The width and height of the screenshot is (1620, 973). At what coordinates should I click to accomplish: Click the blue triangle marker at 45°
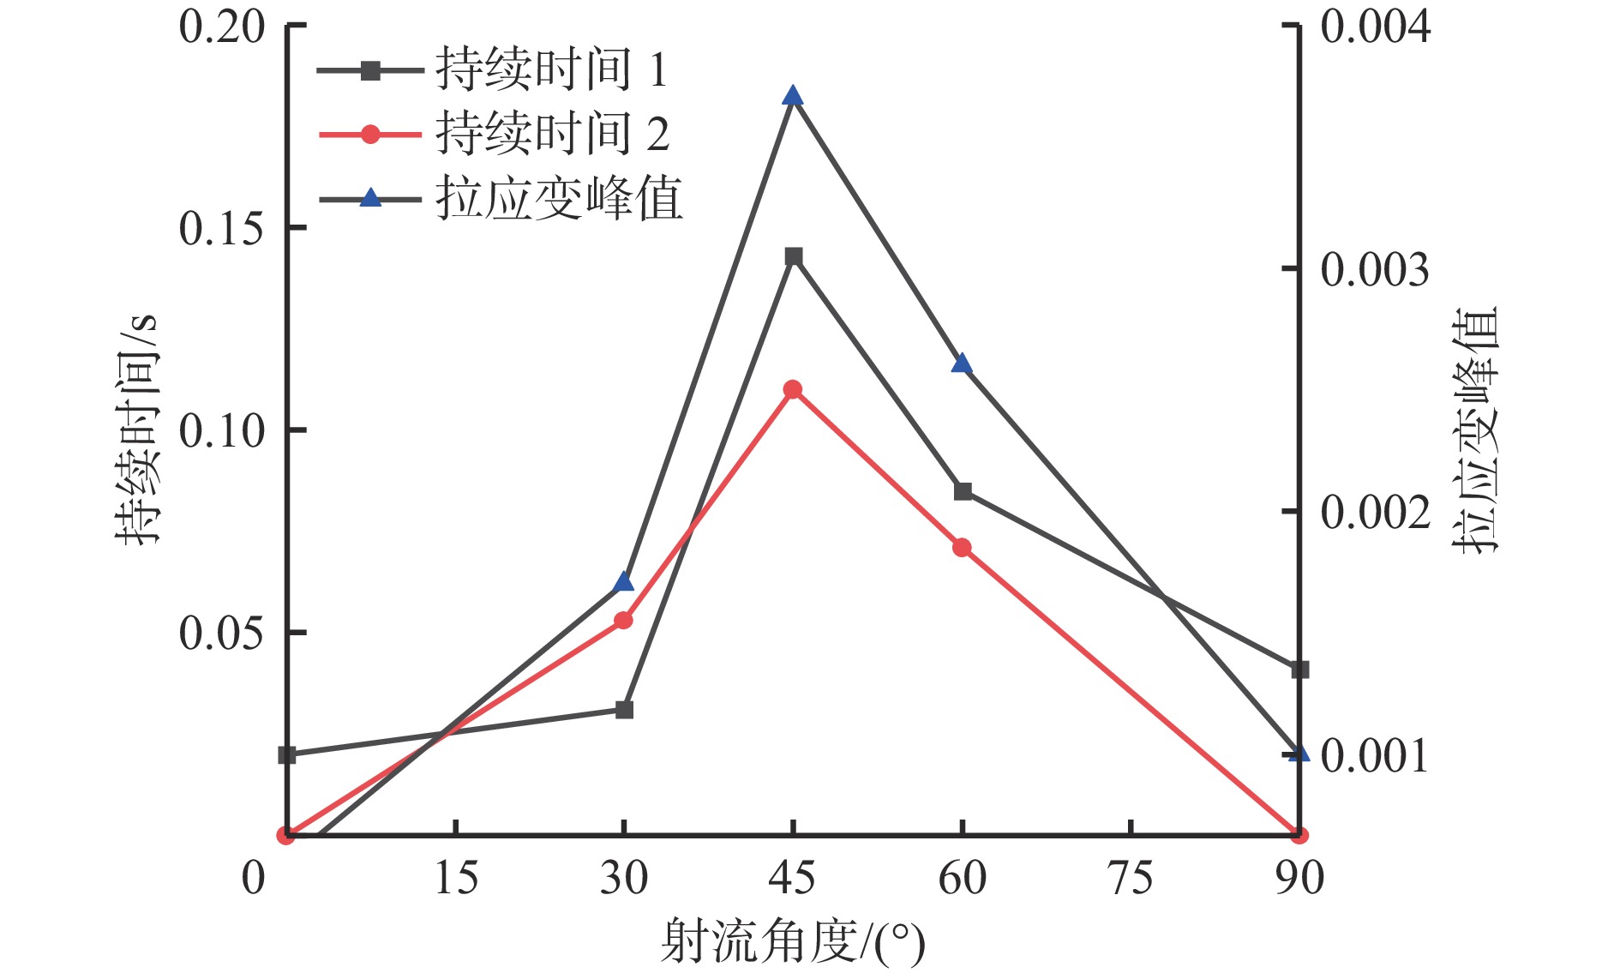pos(793,96)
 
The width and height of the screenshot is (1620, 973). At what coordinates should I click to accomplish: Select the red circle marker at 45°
pos(793,390)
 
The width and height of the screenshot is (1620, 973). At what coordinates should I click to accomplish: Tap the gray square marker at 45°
pos(794,256)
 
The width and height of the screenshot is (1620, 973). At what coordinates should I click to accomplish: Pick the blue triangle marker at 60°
pos(962,364)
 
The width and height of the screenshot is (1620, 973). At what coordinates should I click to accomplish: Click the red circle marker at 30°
pos(624,620)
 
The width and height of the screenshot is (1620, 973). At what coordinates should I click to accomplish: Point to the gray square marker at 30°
pos(625,710)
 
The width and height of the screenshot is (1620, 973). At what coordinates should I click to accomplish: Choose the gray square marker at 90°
pos(1300,670)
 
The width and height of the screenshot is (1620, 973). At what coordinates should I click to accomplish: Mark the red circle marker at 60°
pos(963,547)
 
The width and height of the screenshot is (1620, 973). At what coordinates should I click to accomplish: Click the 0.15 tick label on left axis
pos(222,228)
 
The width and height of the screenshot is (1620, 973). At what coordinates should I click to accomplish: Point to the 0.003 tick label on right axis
pos(1375,269)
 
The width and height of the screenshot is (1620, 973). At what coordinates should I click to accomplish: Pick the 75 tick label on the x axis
pos(1131,879)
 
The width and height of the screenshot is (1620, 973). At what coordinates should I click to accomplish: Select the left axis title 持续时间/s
pos(137,429)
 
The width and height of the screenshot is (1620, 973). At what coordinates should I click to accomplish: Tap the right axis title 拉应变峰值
pos(1476,429)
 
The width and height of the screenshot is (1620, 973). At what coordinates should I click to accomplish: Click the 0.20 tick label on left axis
pos(222,27)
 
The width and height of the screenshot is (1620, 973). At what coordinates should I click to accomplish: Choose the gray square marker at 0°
pos(287,755)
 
